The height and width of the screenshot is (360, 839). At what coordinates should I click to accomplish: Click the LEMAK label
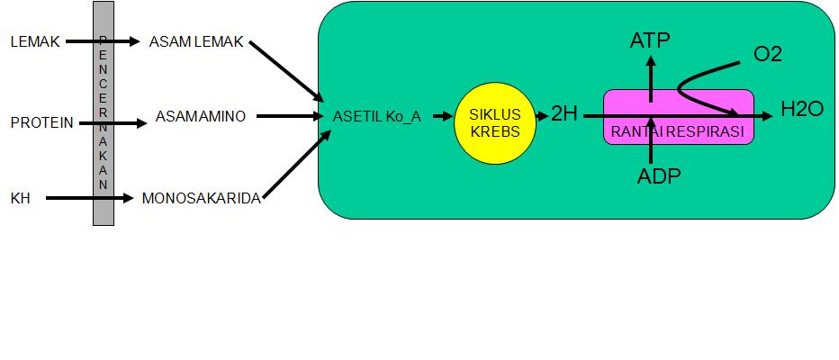point(34,42)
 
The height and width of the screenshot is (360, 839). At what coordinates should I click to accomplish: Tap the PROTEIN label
point(41,122)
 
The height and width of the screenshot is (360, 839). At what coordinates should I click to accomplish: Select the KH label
point(20,197)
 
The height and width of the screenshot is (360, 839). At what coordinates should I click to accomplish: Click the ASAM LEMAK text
point(196,42)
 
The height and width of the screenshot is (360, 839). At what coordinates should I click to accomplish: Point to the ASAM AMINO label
point(200,116)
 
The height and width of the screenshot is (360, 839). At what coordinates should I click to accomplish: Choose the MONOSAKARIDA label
point(202,198)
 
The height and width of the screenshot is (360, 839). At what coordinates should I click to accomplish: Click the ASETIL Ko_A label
point(376,116)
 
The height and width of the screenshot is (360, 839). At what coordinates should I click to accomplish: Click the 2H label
point(564,114)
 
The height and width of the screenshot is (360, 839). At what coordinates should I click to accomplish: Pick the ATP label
point(650,40)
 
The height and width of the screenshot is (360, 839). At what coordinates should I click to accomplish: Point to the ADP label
point(658,175)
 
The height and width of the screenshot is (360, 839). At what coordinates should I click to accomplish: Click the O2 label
point(768,53)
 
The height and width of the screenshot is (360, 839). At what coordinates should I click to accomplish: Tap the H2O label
point(802,110)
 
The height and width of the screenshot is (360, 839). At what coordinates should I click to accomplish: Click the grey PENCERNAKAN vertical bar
point(104,112)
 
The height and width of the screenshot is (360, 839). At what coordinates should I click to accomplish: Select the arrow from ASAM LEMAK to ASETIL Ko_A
point(286,70)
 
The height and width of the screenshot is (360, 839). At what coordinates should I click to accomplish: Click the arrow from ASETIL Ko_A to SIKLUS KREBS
point(440,116)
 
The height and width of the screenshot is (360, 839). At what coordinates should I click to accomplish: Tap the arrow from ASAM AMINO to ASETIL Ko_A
point(289,116)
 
